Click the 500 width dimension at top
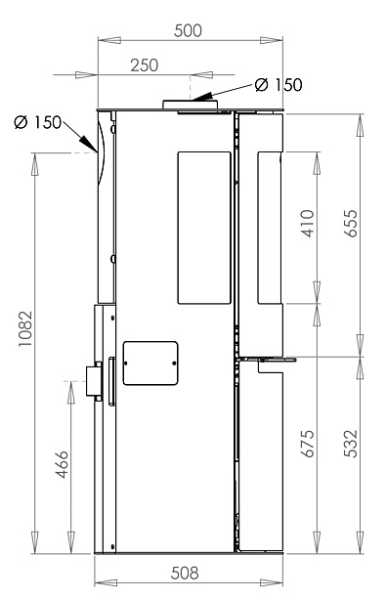[188, 30]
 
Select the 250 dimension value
[144, 65]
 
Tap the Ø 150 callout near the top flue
[279, 84]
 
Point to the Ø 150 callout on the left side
[38, 122]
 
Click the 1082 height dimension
[25, 329]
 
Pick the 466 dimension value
[62, 464]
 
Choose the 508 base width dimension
[185, 573]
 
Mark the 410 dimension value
[308, 224]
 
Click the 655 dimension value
[351, 224]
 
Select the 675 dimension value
[308, 443]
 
